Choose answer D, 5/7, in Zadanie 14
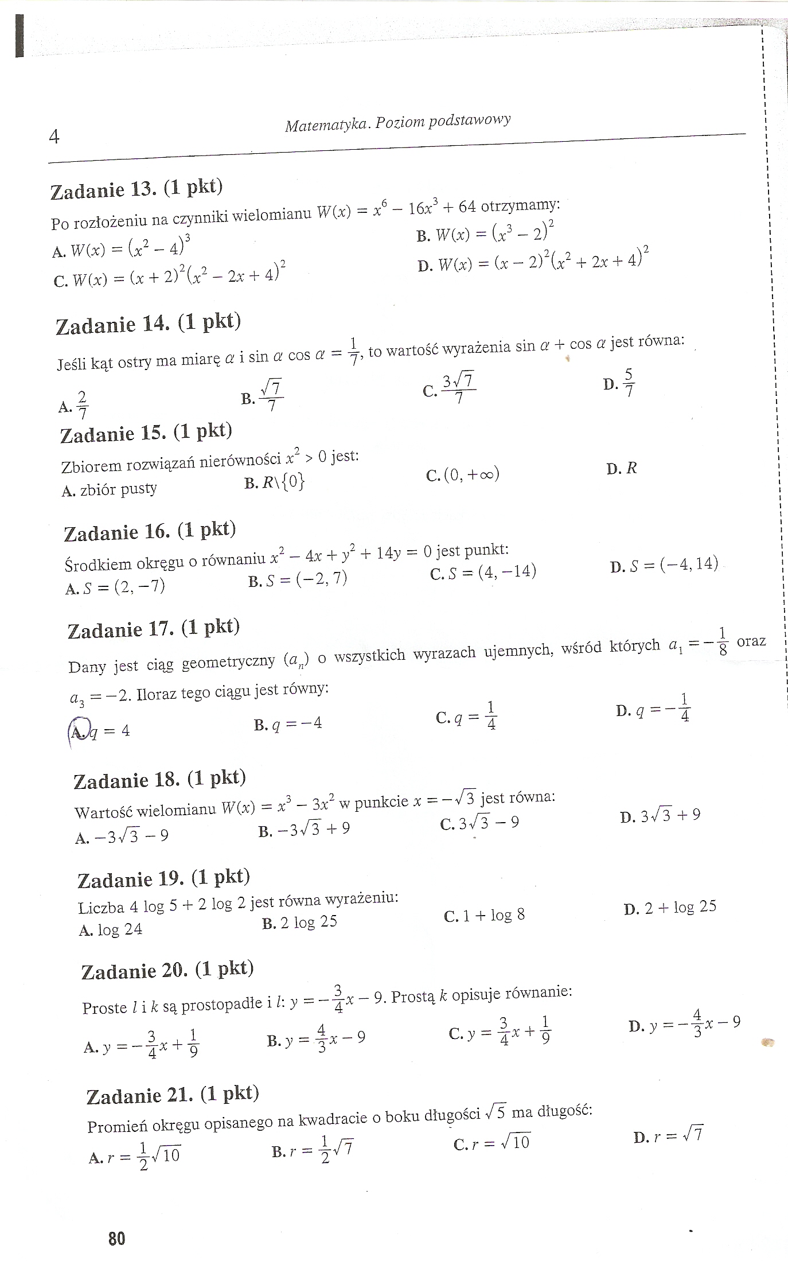click(x=619, y=383)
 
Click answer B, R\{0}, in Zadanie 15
click(x=274, y=482)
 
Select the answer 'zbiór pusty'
click(x=109, y=489)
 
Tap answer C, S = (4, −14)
click(x=483, y=572)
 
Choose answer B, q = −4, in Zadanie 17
click(x=288, y=724)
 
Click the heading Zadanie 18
click(x=159, y=780)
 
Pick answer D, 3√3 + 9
click(x=660, y=815)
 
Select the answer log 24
click(x=111, y=929)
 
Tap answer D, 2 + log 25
click(x=670, y=908)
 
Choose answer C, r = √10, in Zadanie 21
click(x=491, y=1143)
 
